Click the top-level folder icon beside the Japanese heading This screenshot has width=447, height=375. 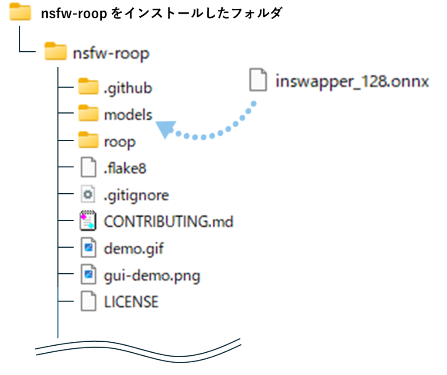pos(20,12)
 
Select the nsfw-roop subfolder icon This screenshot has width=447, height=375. pos(55,51)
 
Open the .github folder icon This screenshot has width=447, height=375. pos(88,86)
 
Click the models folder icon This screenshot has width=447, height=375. pos(88,113)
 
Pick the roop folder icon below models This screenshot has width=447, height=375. pos(88,140)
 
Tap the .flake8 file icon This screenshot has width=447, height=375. pos(88,167)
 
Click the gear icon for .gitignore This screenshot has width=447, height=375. pos(88,194)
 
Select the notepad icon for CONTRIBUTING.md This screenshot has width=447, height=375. pos(88,221)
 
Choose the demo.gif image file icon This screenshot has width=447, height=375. pos(88,247)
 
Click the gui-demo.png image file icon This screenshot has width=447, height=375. pos(88,274)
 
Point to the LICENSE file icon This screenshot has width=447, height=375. pos(88,301)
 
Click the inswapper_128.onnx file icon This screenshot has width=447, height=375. pos(258,80)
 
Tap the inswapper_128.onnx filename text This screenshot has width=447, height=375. pos(352,82)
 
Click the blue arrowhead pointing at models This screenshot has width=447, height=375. pos(165,129)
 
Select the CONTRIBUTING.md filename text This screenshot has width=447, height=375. pos(168,222)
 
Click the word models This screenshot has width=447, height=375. pos(128,115)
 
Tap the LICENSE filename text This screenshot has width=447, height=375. pos(131,302)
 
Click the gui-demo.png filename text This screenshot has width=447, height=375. pos(152,276)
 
